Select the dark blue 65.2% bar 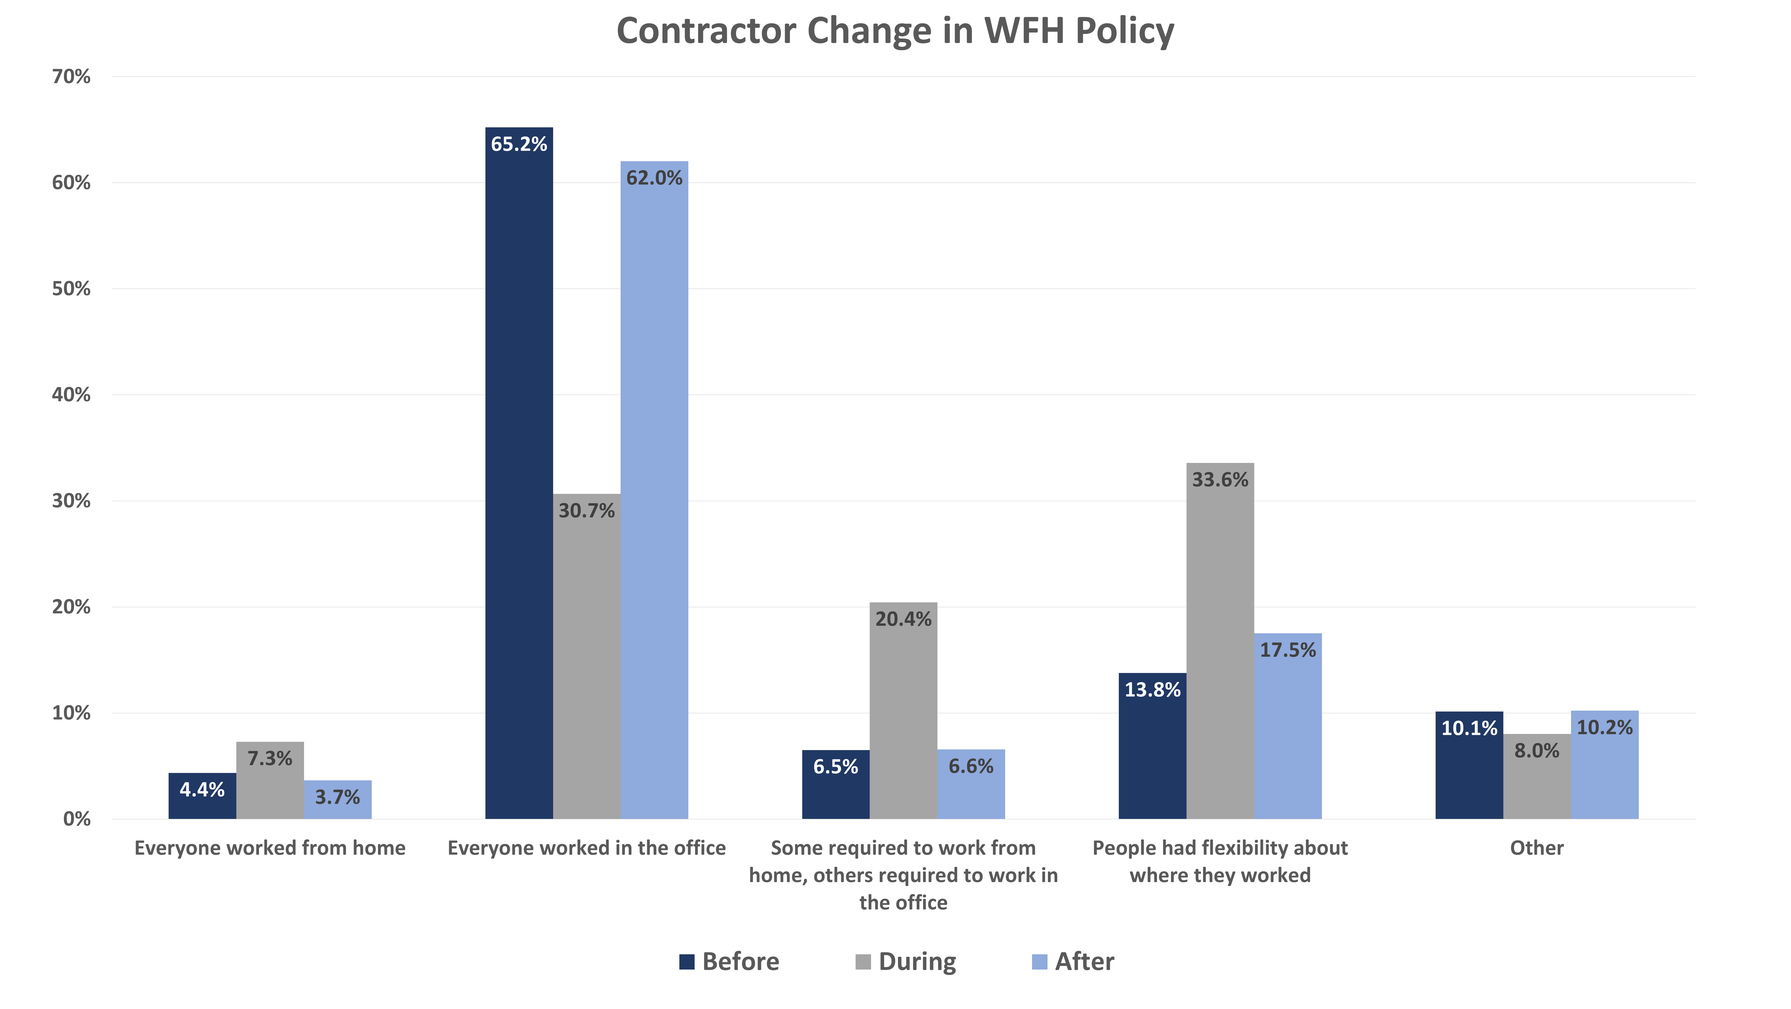(519, 473)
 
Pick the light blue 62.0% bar (654, 490)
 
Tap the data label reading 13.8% (1152, 690)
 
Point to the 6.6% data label (971, 766)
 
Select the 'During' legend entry (905, 962)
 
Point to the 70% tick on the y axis (71, 76)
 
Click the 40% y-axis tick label (71, 395)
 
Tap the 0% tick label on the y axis (76, 819)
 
